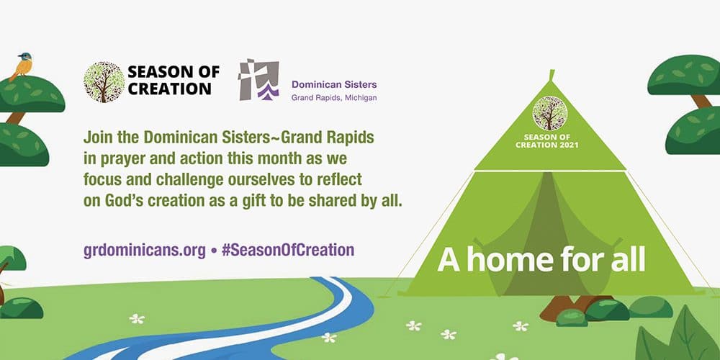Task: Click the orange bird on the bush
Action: coord(22,66)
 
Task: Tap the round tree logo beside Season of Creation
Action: coord(104,82)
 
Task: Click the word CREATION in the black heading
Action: coord(169,89)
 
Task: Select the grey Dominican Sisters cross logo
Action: coord(259,79)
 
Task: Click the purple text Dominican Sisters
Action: coord(334,84)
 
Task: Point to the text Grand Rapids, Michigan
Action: coord(334,98)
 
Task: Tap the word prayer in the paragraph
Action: coord(119,159)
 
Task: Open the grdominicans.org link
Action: coord(145,251)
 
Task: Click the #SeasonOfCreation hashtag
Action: coord(288,251)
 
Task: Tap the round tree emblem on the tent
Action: coord(549,113)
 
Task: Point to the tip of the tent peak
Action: coord(552,71)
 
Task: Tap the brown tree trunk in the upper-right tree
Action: coord(701,101)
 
